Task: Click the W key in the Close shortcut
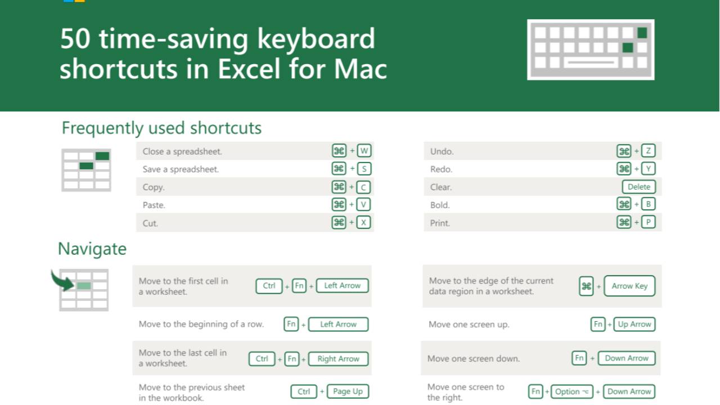[364, 151]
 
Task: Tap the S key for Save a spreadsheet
[364, 169]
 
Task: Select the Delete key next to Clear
[638, 187]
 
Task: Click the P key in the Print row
[648, 222]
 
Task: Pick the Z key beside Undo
[648, 151]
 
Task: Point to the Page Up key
[347, 391]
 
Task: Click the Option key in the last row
[571, 391]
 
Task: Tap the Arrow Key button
[629, 286]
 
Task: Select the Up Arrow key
[634, 324]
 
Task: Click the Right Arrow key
[338, 359]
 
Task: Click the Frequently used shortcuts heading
[161, 128]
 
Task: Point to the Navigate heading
[92, 249]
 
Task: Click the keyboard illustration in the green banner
[591, 49]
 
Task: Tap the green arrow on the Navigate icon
[63, 280]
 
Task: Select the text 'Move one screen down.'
[474, 358]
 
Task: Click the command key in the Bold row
[624, 205]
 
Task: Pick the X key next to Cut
[364, 222]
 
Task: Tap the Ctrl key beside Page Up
[304, 391]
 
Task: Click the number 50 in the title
[75, 39]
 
